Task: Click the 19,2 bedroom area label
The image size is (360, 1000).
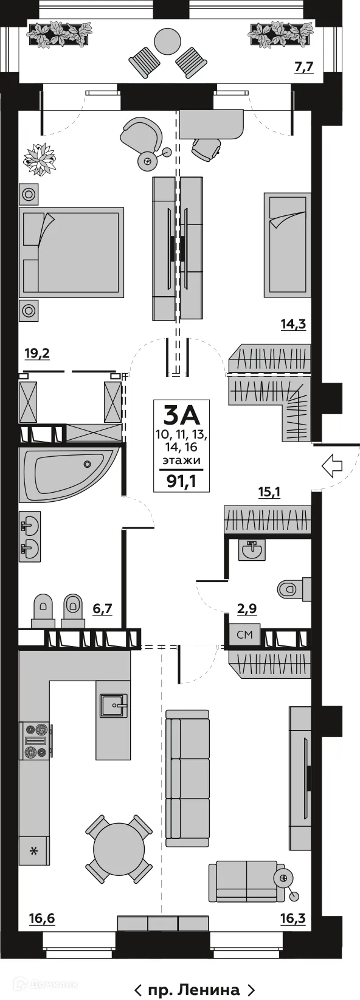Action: tap(36, 353)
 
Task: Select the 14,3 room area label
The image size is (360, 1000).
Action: tap(292, 324)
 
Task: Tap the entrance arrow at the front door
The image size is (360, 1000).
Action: tap(332, 466)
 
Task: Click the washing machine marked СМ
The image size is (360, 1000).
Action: tap(244, 635)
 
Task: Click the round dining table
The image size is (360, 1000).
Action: tap(119, 848)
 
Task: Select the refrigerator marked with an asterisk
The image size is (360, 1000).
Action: tap(33, 851)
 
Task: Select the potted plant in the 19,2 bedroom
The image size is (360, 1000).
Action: tap(40, 159)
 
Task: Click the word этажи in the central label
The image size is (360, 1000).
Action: tap(181, 460)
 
